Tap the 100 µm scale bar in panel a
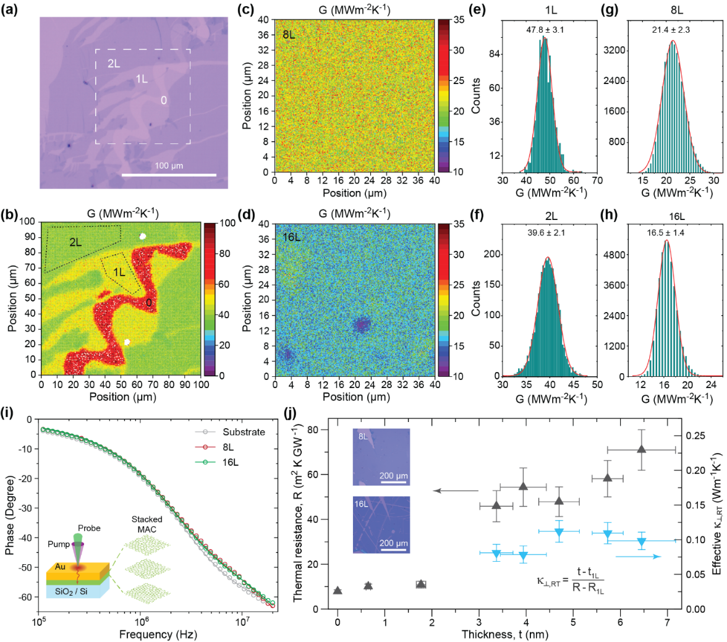tap(169, 175)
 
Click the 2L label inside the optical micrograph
tap(113, 63)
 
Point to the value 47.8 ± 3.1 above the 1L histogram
tap(544, 28)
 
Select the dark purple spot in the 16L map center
tap(360, 325)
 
